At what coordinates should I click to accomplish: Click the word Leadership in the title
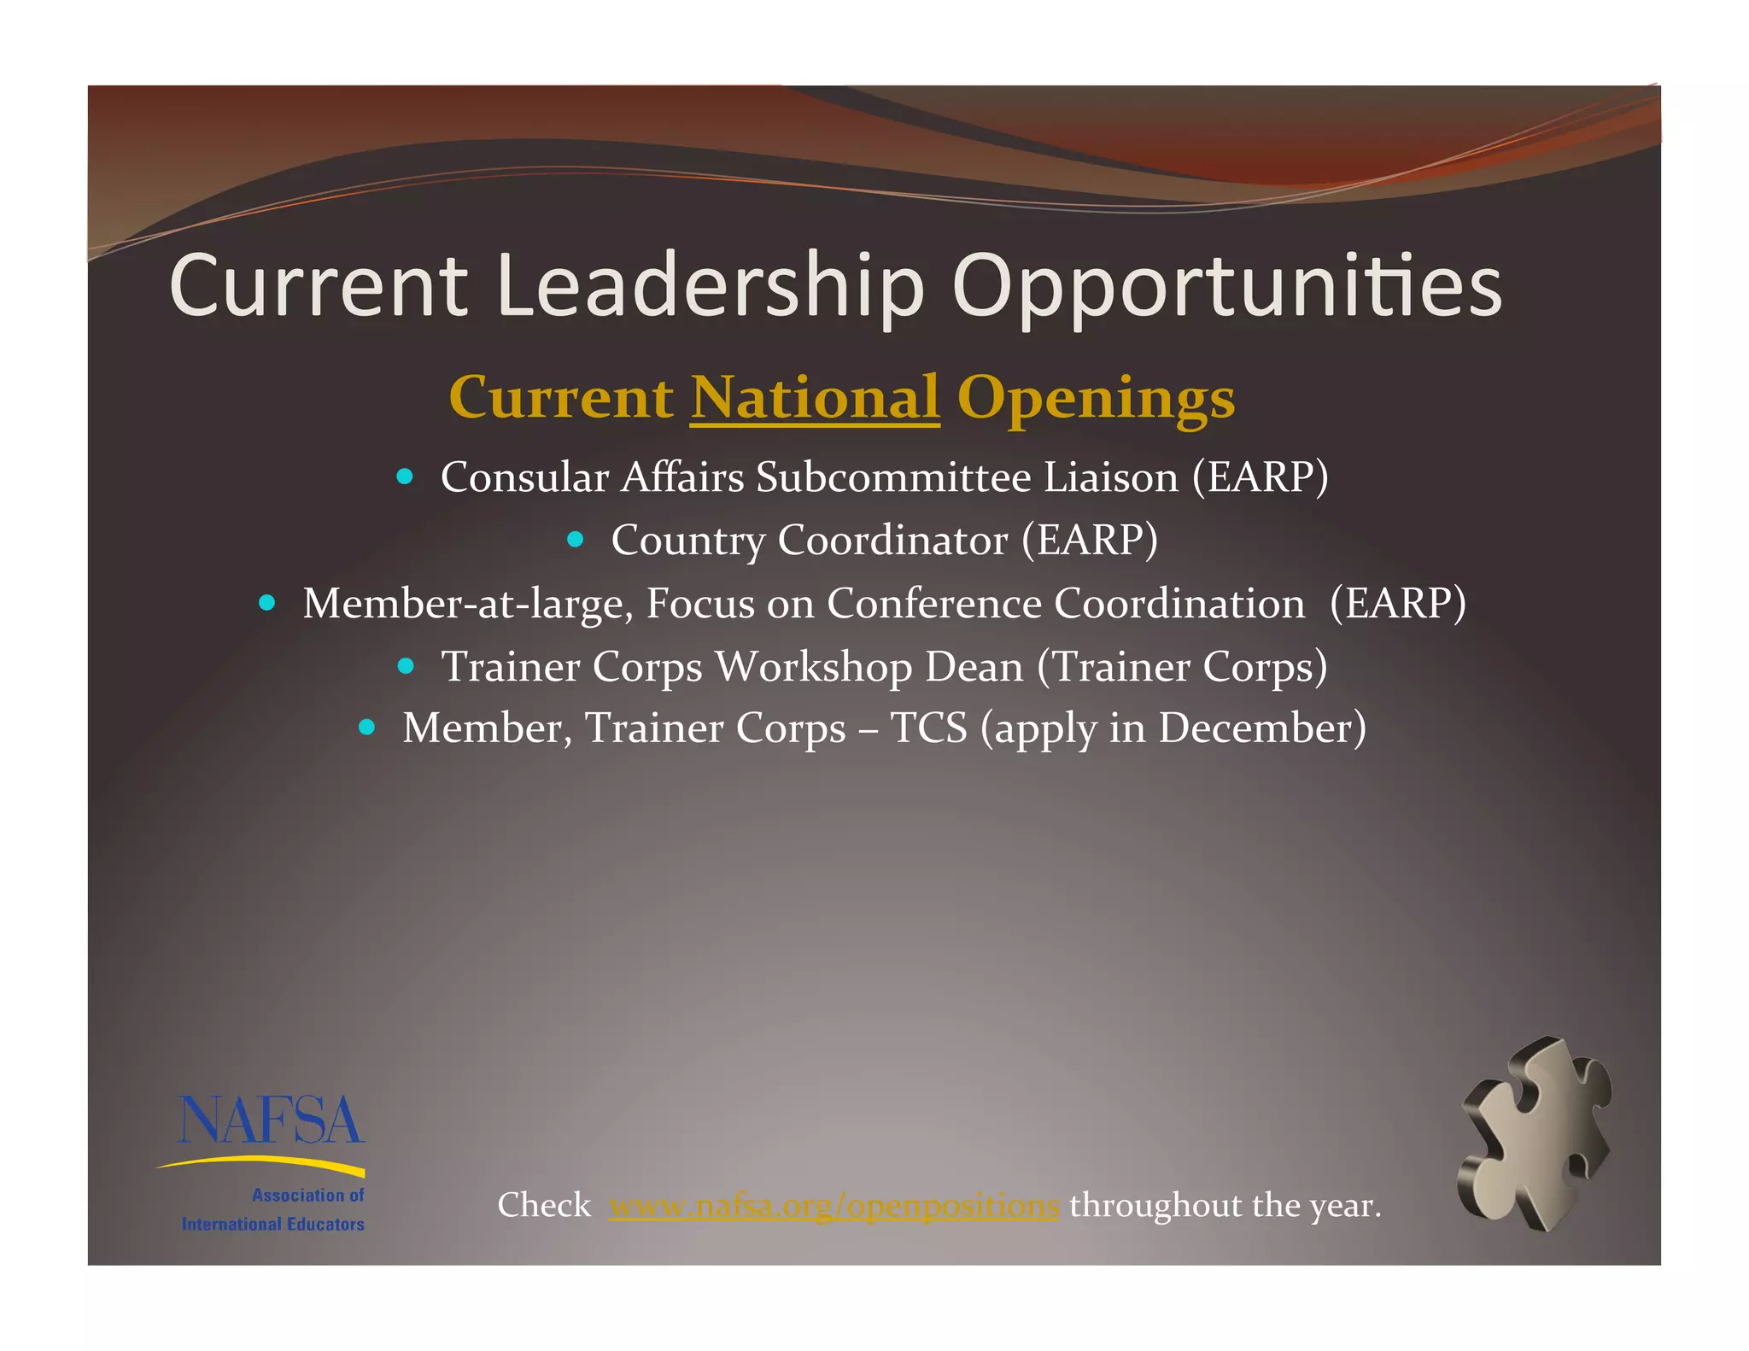click(x=710, y=286)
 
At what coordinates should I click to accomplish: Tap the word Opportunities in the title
click(x=1226, y=286)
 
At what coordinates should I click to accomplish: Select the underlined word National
click(x=815, y=397)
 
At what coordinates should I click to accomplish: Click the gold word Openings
click(x=1096, y=399)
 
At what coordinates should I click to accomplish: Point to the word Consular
click(x=524, y=477)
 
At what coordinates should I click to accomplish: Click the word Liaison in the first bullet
click(x=1111, y=477)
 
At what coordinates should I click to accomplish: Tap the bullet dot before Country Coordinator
click(x=576, y=539)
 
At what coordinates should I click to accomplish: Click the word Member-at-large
click(x=468, y=604)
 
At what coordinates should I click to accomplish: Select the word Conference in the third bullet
click(x=933, y=603)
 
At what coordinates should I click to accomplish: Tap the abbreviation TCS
click(x=929, y=728)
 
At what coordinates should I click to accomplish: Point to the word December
click(x=1261, y=728)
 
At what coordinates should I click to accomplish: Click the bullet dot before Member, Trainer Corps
click(x=367, y=728)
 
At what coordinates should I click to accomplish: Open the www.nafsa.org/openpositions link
click(x=834, y=1206)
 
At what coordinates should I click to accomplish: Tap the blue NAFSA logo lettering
click(x=271, y=1120)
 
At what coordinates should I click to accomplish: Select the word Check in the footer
click(x=544, y=1206)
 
